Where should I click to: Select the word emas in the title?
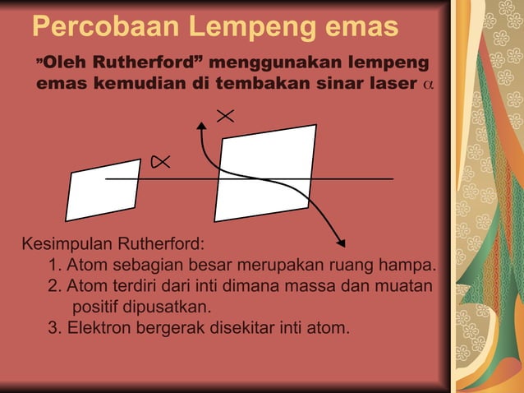click(361, 27)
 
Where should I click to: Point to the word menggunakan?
click(275, 62)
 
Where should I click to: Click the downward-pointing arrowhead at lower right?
click(340, 242)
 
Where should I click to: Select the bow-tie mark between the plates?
click(160, 164)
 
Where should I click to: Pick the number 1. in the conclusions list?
click(55, 266)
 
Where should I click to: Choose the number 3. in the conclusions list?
click(55, 329)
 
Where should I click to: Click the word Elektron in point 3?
click(99, 329)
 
